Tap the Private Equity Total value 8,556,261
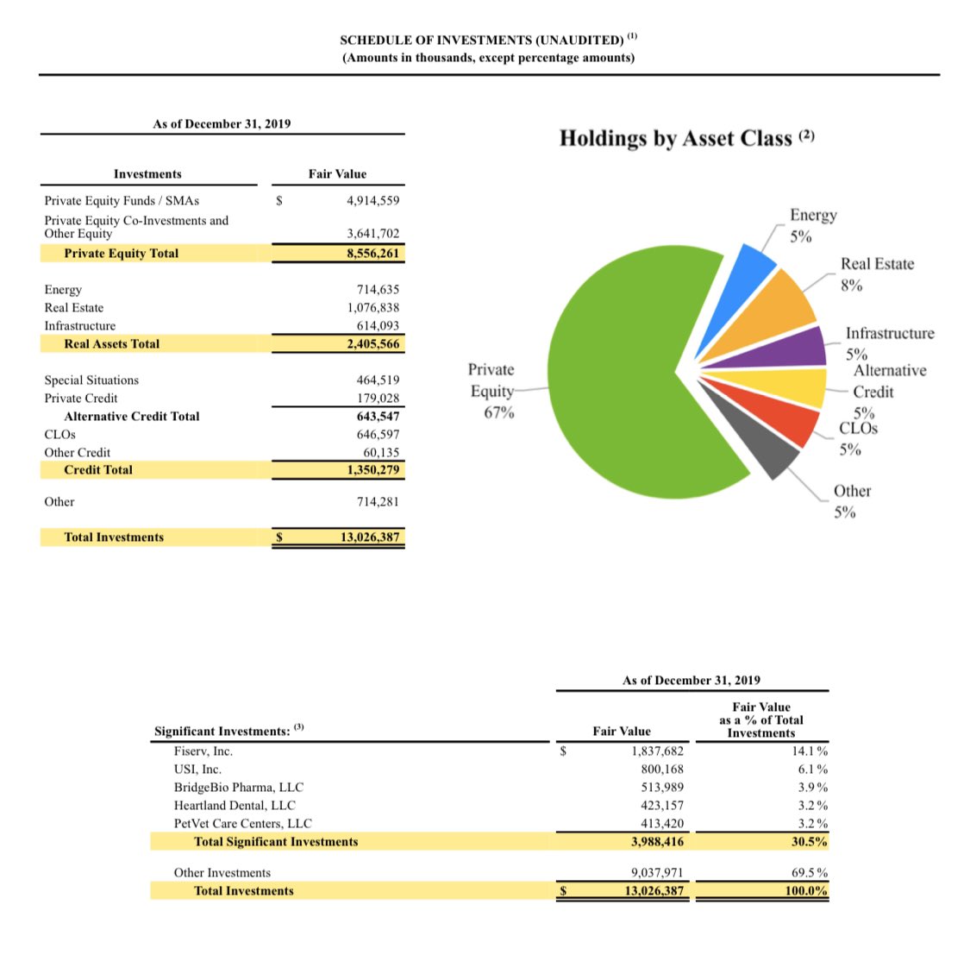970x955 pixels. click(372, 254)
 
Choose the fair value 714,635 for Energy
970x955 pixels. click(378, 290)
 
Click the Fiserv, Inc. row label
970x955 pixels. click(203, 751)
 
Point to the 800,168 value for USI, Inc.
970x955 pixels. click(661, 770)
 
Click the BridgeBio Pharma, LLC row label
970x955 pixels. click(239, 788)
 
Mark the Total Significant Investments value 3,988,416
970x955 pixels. click(657, 842)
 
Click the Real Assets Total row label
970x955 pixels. click(112, 344)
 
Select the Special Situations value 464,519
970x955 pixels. click(378, 380)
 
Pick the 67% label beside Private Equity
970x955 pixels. click(498, 412)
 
